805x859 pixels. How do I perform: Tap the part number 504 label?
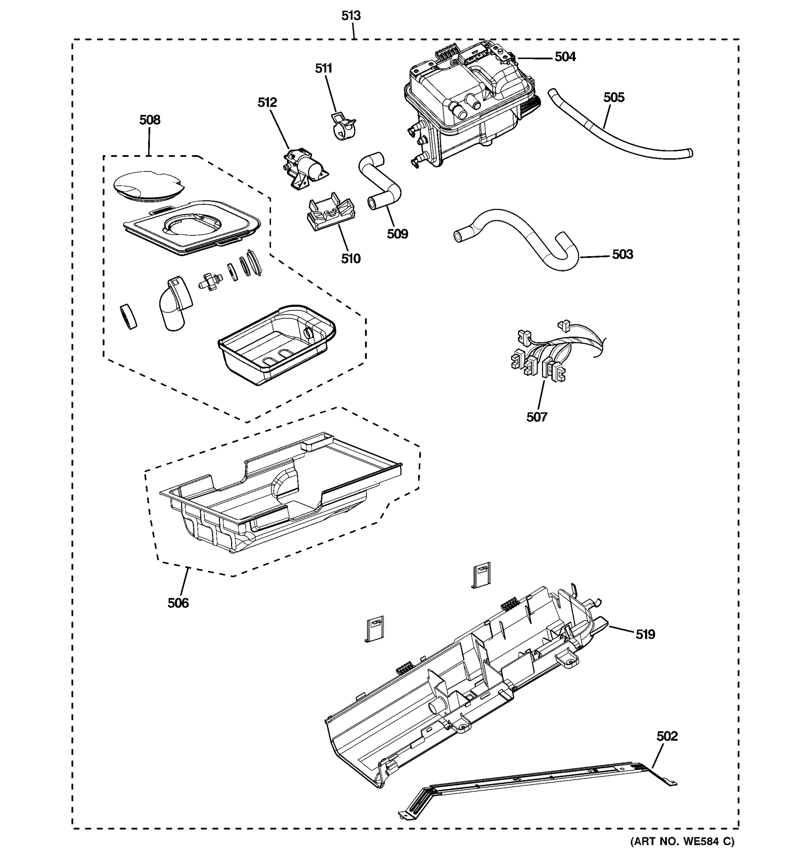(565, 57)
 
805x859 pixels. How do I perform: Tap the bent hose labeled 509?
(380, 181)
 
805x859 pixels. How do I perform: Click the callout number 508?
(150, 120)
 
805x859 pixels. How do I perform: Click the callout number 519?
(645, 634)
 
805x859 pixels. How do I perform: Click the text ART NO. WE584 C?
(682, 841)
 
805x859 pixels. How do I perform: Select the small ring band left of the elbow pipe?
(128, 316)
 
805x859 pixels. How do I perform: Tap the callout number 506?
(178, 603)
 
